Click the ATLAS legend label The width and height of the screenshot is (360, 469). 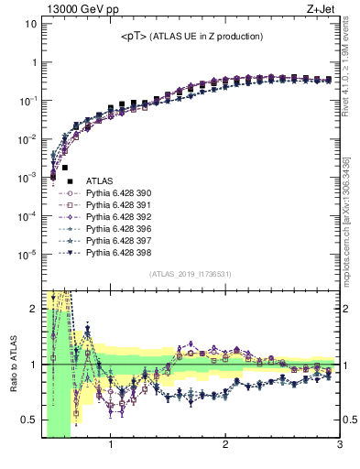99,182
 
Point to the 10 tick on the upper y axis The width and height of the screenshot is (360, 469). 30,24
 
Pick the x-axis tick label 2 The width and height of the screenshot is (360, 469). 225,446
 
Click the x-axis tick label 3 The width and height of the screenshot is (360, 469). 339,446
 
